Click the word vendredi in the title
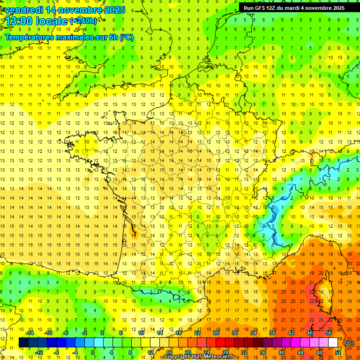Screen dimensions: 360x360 point(22,10)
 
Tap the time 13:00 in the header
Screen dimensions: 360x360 point(20,21)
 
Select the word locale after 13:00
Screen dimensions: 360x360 point(52,21)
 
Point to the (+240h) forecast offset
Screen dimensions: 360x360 point(83,21)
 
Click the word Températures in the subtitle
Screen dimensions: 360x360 point(29,37)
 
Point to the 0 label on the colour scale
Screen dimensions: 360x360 point(93,352)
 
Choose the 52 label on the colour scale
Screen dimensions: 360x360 point(338,352)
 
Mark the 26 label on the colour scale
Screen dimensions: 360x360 point(216,333)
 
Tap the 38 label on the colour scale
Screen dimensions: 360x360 point(272,333)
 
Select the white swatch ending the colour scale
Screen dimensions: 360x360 point(333,343)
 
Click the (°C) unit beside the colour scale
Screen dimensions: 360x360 point(349,343)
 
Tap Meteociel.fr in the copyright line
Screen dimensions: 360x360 point(222,357)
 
